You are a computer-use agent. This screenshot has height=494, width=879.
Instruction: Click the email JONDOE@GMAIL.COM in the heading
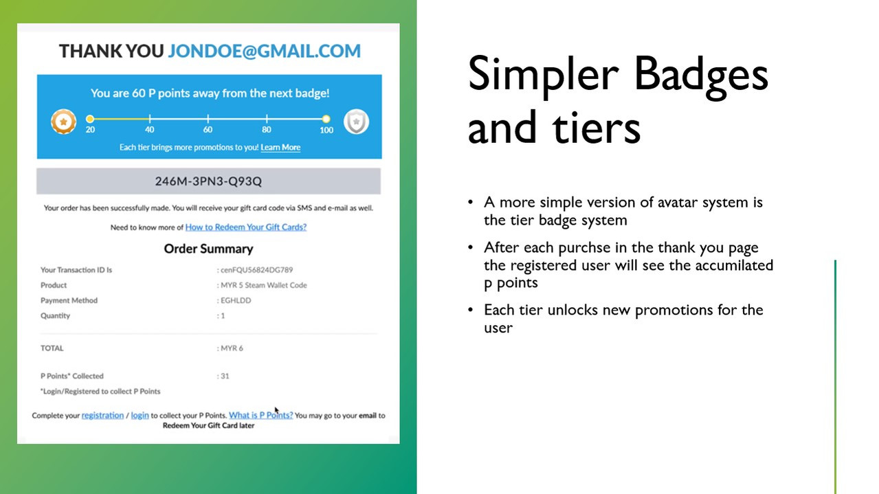264,51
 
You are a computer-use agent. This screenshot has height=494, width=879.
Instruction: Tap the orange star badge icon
63,122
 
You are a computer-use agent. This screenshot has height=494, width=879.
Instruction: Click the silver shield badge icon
356,122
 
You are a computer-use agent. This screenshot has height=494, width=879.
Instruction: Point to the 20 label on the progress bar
90,130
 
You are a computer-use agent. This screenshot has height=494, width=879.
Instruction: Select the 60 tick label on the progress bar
208,130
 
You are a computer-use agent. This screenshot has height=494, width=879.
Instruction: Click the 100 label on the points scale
326,130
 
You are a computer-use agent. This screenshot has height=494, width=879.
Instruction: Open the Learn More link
280,148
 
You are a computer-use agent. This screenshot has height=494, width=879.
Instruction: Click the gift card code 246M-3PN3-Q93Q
208,181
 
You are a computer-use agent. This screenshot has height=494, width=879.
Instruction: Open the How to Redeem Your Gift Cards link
246,227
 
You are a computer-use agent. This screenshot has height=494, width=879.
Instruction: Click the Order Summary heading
208,249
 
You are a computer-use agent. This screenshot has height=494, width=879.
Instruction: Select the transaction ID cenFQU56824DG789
256,270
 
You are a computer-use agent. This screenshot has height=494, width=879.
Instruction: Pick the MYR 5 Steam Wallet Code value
264,285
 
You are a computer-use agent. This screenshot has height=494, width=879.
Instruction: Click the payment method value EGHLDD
236,300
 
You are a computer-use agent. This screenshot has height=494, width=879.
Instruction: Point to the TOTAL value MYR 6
232,348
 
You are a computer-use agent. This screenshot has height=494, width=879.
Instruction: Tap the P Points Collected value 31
225,376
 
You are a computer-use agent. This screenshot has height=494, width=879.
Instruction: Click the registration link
102,416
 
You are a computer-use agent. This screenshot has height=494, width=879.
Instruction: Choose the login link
140,416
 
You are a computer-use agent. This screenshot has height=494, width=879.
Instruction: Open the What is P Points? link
261,415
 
